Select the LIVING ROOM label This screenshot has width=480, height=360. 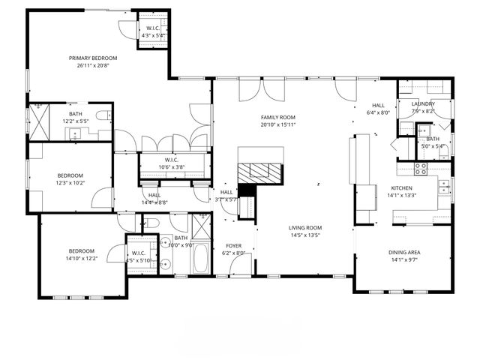pyautogui.click(x=305, y=227)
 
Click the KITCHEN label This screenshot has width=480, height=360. pyautogui.click(x=401, y=189)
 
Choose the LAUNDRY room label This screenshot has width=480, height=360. pyautogui.click(x=424, y=103)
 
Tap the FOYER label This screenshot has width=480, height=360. pyautogui.click(x=235, y=245)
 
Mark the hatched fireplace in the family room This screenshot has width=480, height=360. pyautogui.click(x=262, y=169)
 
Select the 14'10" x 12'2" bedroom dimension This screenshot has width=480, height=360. pyautogui.click(x=81, y=259)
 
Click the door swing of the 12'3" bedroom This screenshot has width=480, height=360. pyautogui.click(x=99, y=198)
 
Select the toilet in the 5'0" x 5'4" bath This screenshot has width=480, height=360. pyautogui.click(x=443, y=151)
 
